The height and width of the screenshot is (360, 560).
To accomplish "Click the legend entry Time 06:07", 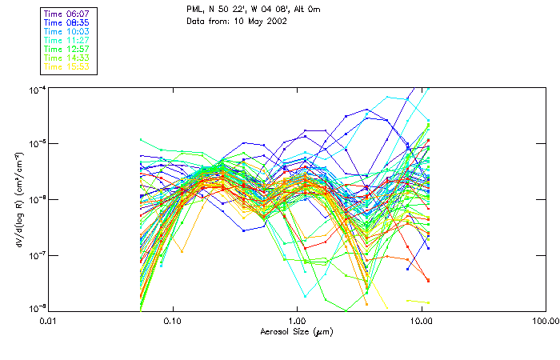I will (66, 14).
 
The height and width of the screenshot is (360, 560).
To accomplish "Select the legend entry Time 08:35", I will (66, 22).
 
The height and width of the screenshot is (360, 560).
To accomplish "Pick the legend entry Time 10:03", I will (66, 31).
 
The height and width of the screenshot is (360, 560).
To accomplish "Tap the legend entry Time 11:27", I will (66, 40).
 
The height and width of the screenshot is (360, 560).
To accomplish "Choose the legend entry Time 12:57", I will (66, 49).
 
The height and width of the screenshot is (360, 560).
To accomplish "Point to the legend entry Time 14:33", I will (66, 58).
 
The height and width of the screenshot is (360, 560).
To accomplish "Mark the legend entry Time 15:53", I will (66, 66).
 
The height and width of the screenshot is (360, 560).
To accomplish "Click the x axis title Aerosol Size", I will (296, 331).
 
